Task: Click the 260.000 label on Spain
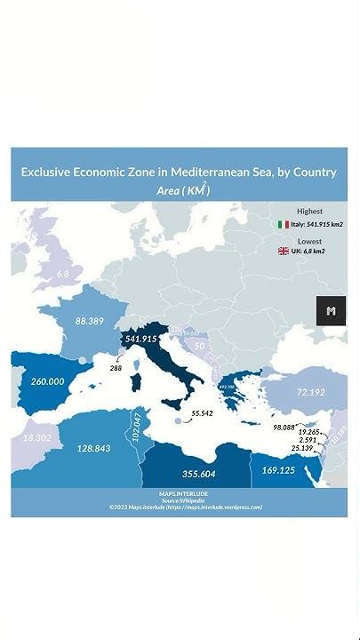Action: (47, 380)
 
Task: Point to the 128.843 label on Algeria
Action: (93, 448)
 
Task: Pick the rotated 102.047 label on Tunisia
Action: (136, 428)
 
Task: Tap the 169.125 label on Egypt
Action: (278, 469)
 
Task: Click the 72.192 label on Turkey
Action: (310, 391)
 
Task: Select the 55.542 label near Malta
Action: (202, 414)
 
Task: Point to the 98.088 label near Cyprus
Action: (284, 428)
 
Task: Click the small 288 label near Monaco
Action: (116, 367)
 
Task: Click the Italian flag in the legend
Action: (284, 225)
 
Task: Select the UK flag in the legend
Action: (284, 252)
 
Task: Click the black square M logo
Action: (331, 310)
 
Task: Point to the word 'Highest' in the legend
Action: (309, 212)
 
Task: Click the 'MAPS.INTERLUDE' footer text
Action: (180, 492)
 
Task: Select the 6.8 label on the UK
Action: (63, 274)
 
